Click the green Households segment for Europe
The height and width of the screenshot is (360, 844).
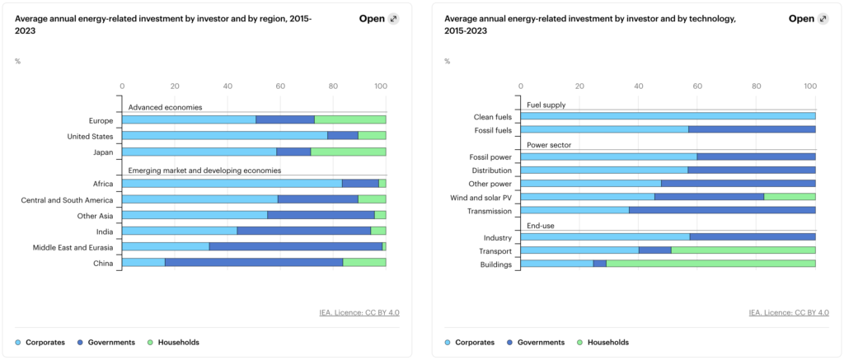350,119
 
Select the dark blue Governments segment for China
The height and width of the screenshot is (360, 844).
254,263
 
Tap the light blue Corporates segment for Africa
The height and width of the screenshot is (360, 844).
232,184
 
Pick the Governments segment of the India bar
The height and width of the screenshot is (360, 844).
304,231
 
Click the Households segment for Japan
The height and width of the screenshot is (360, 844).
349,152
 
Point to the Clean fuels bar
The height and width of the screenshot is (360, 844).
668,116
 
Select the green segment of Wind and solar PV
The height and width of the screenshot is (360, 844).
790,197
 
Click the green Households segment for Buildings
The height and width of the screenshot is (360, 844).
711,264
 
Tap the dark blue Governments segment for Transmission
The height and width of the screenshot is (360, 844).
722,210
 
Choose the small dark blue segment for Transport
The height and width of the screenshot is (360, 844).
655,250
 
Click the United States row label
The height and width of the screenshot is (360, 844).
90,136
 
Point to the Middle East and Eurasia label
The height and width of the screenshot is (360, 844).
73,247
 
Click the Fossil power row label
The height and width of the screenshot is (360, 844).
490,157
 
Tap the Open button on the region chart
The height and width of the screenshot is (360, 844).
372,19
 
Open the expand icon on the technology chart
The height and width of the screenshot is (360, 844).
823,19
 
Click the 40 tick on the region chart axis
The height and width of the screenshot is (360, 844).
227,86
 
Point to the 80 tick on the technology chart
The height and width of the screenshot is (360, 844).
757,86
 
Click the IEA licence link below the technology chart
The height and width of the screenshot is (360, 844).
789,313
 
